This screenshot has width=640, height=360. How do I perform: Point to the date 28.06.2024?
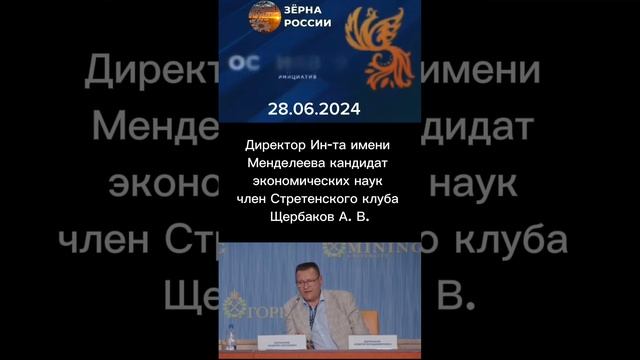pos(319,108)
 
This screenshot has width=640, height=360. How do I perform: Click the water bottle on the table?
pos(232,339)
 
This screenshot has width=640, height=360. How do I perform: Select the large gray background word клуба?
pos(505,240)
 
